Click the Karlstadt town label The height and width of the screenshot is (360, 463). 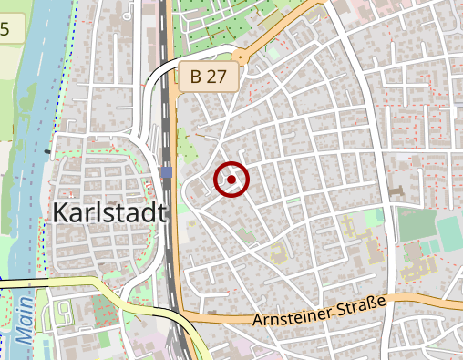pyautogui.click(x=110, y=213)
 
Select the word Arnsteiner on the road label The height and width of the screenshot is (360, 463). pyautogui.click(x=293, y=314)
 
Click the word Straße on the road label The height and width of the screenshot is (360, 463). pyautogui.click(x=362, y=303)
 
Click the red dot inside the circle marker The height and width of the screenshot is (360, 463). pyautogui.click(x=231, y=180)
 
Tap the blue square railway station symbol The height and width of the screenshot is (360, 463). pyautogui.click(x=166, y=171)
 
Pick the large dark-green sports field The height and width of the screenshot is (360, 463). pyautogui.click(x=415, y=223)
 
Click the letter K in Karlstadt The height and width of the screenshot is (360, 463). pyautogui.click(x=60, y=213)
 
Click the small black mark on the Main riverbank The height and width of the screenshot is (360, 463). pyautogui.click(x=47, y=150)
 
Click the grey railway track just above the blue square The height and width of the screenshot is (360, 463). pyautogui.click(x=166, y=137)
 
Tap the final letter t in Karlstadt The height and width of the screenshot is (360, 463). pyautogui.click(x=163, y=213)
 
